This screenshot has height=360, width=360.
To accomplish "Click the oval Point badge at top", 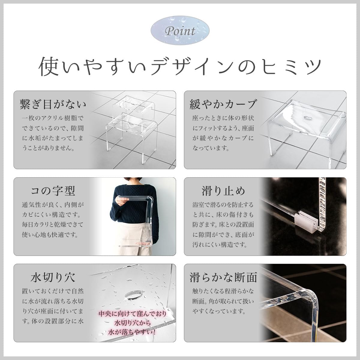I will [x=180, y=31].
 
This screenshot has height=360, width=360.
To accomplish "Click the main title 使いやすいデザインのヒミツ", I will [x=180, y=66].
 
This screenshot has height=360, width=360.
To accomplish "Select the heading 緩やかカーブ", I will [x=223, y=104].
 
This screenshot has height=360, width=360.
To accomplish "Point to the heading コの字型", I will [x=53, y=190].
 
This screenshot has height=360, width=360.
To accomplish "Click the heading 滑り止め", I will [x=223, y=190].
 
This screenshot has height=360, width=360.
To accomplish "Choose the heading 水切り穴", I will [x=53, y=277].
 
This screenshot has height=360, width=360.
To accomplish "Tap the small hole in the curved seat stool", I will [x=307, y=118].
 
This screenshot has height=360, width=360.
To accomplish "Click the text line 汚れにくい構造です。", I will [x=220, y=244].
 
